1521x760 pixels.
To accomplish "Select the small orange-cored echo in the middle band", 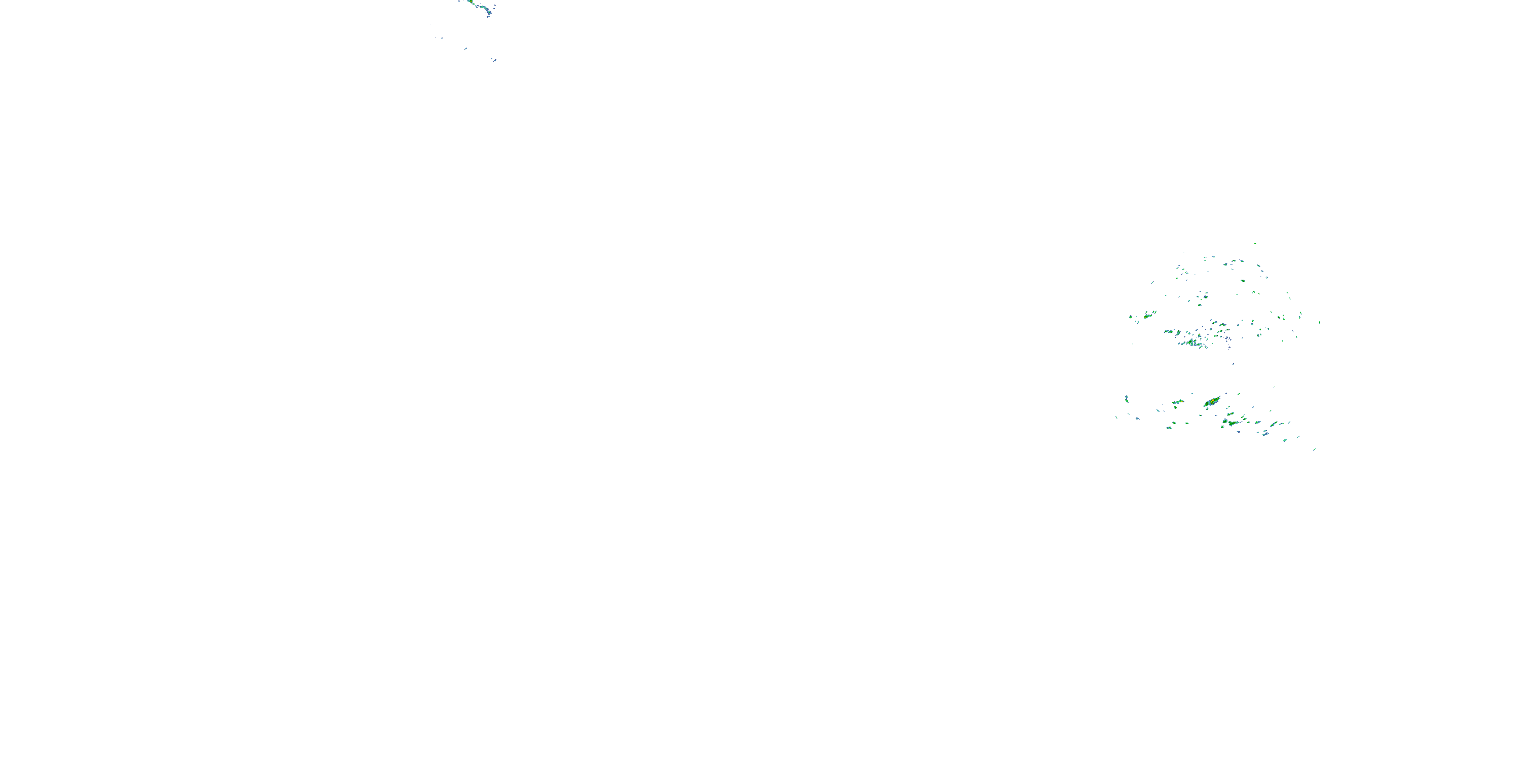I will (1147, 316).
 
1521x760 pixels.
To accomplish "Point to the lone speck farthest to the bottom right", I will (1314, 449).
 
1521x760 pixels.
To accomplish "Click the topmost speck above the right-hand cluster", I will (1255, 244).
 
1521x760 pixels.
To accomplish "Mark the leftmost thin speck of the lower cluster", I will (1116, 417).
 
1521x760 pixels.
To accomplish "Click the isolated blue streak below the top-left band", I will (465, 48).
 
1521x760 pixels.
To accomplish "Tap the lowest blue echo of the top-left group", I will (494, 60).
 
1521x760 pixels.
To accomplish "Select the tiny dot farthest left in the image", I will (430, 24).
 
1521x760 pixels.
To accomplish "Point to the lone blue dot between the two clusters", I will (1233, 363).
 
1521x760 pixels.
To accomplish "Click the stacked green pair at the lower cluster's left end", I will (1127, 399).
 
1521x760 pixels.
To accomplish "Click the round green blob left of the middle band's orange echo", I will (1131, 318).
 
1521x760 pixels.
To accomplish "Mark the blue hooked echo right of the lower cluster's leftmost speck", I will (1137, 419).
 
